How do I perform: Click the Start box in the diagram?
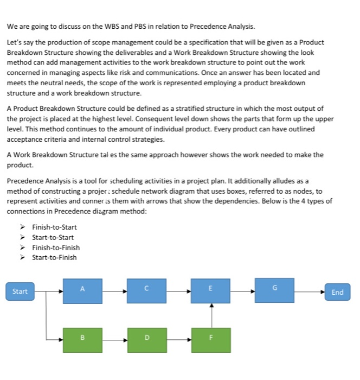[20, 292]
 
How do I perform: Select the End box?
[337, 292]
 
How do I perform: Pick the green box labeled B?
[82, 340]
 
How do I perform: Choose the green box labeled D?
[147, 340]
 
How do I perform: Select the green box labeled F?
[211, 340]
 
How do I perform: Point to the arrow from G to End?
[310, 292]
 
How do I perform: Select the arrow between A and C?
[114, 292]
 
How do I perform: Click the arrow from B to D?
[114, 340]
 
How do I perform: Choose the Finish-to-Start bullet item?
[54, 227]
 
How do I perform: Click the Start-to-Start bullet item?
[53, 237]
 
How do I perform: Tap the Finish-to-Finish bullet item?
[56, 248]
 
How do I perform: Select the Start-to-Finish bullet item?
[54, 257]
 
